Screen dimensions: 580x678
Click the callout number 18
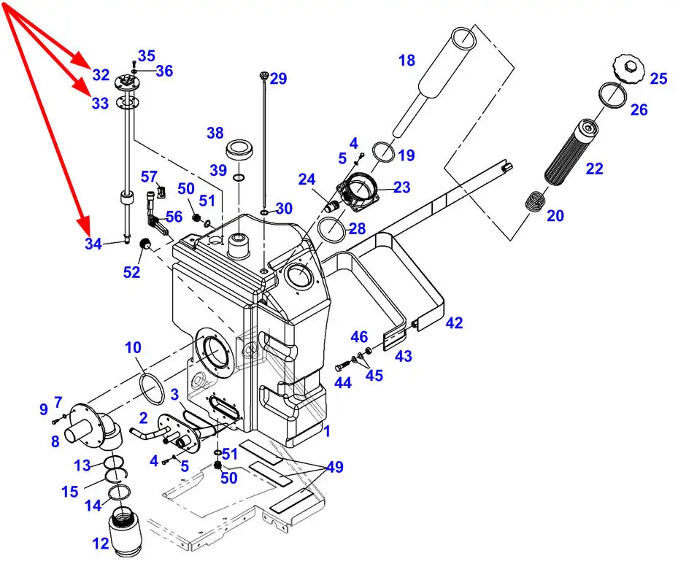pos(407,61)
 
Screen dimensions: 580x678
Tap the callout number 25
pos(658,79)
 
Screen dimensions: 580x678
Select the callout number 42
pos(455,323)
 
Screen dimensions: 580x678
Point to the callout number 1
pos(327,431)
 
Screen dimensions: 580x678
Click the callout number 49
pos(335,467)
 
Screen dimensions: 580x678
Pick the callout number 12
pos(101,544)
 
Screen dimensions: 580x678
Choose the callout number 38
pos(215,133)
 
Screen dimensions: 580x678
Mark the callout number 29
pos(279,79)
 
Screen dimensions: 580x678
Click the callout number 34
pos(93,244)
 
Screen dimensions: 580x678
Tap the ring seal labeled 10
pos(152,387)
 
